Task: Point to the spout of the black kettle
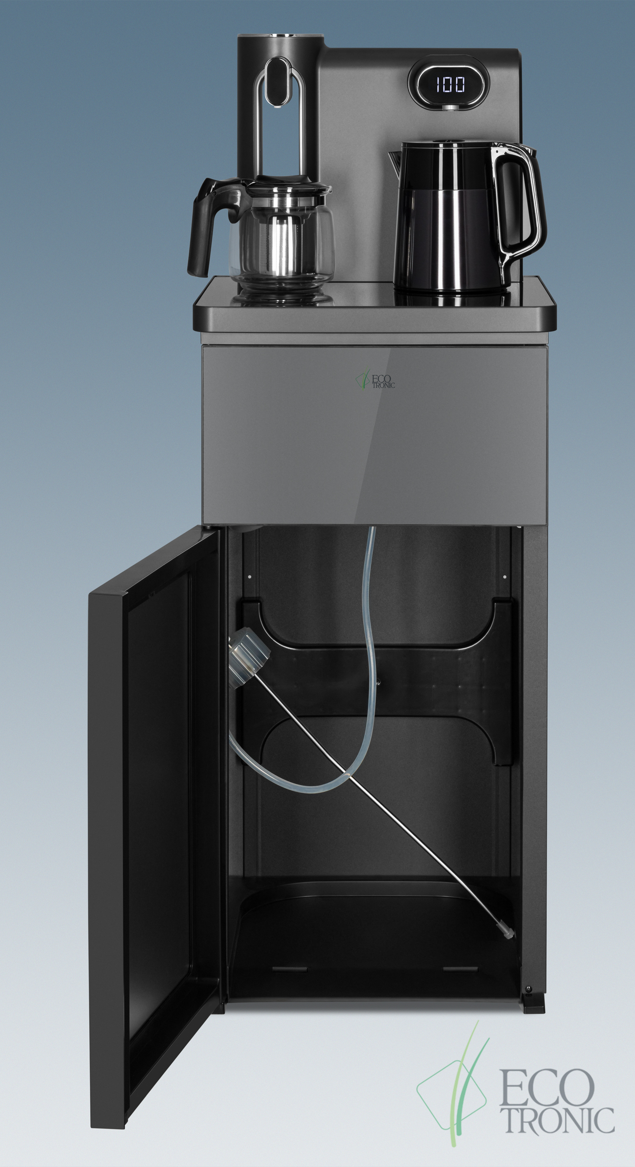coord(393,160)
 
